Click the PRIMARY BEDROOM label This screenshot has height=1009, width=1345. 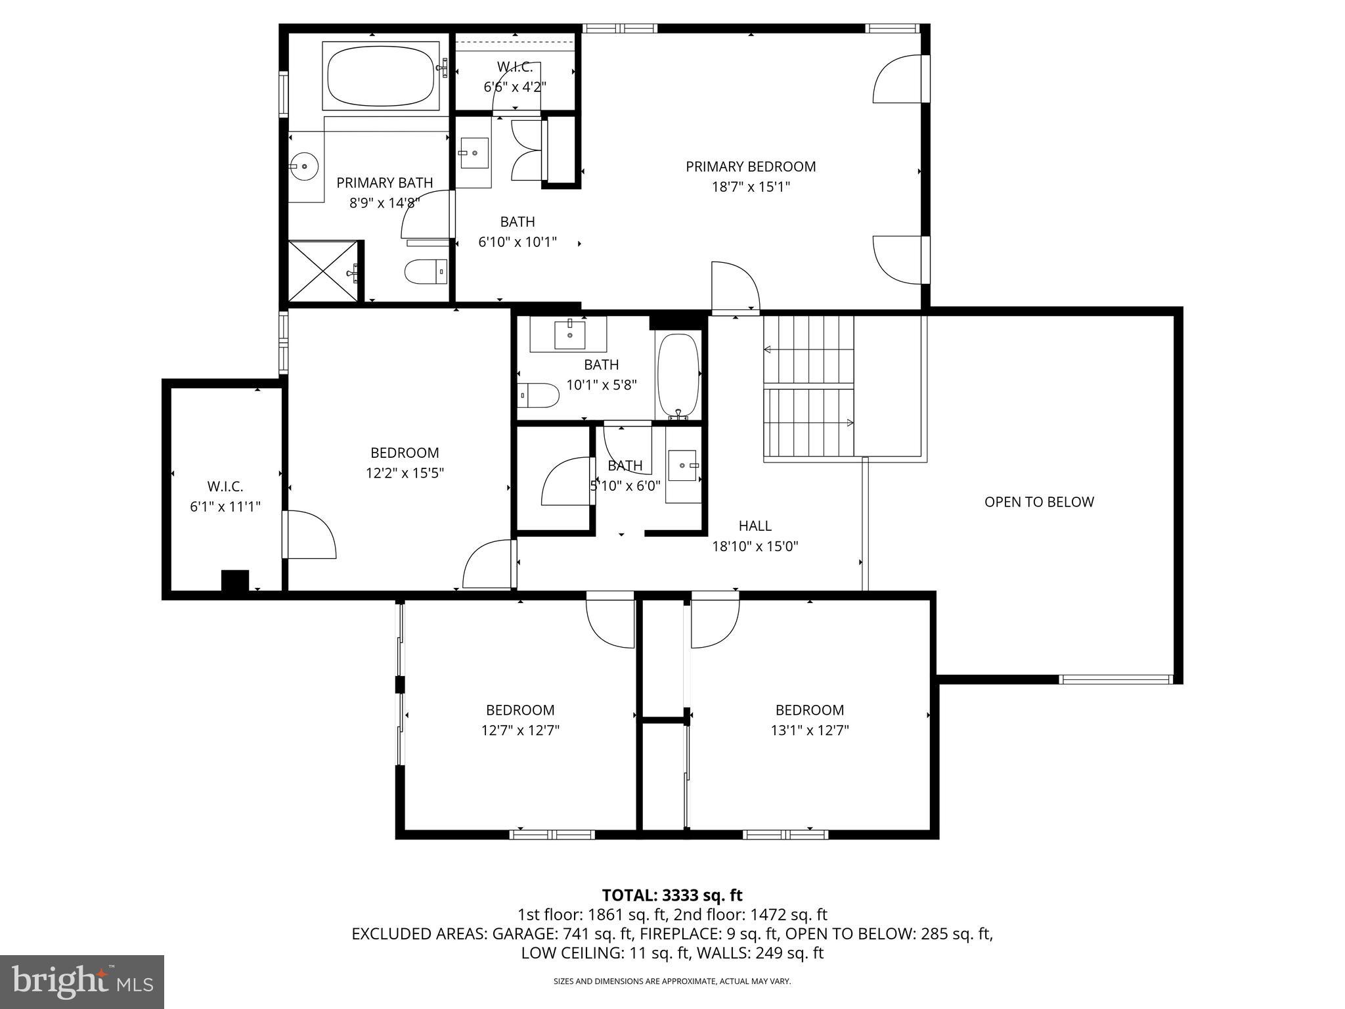click(x=751, y=167)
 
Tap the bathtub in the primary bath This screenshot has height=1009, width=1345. click(x=381, y=76)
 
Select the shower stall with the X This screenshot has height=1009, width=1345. click(x=324, y=271)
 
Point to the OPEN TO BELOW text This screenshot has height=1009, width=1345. click(x=1039, y=502)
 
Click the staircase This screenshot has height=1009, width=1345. click(x=808, y=386)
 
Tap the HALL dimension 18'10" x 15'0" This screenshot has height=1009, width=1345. click(x=755, y=547)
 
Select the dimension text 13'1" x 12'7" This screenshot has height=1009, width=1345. click(x=810, y=730)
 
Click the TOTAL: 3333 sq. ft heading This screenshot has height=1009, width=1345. click(x=672, y=895)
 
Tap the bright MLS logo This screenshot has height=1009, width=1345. click(x=81, y=981)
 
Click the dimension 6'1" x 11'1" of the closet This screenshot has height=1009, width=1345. click(x=225, y=507)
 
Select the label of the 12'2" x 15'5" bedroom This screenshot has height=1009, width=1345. click(x=405, y=453)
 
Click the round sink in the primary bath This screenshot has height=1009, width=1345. click(x=304, y=167)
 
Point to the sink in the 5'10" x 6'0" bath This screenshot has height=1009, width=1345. click(x=683, y=466)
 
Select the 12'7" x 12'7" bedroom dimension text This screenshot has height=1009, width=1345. click(x=520, y=730)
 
